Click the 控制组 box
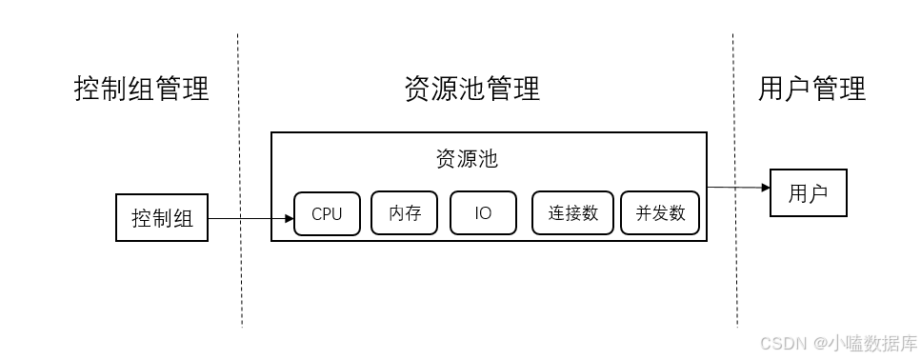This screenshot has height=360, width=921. [x=162, y=218]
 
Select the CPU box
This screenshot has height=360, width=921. [x=327, y=213]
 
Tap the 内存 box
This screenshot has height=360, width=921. [x=405, y=213]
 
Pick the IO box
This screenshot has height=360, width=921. [x=483, y=213]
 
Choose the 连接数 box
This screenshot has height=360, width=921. [x=573, y=213]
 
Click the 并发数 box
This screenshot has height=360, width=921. [x=660, y=213]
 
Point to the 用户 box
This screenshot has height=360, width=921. [x=808, y=193]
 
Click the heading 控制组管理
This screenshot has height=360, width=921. [x=142, y=89]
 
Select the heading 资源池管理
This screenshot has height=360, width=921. [x=472, y=89]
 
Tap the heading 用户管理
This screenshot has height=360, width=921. [x=812, y=89]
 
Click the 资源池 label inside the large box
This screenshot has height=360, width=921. [x=467, y=159]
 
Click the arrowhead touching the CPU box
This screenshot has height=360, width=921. [x=289, y=219]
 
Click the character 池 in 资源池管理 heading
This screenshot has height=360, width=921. [x=472, y=89]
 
